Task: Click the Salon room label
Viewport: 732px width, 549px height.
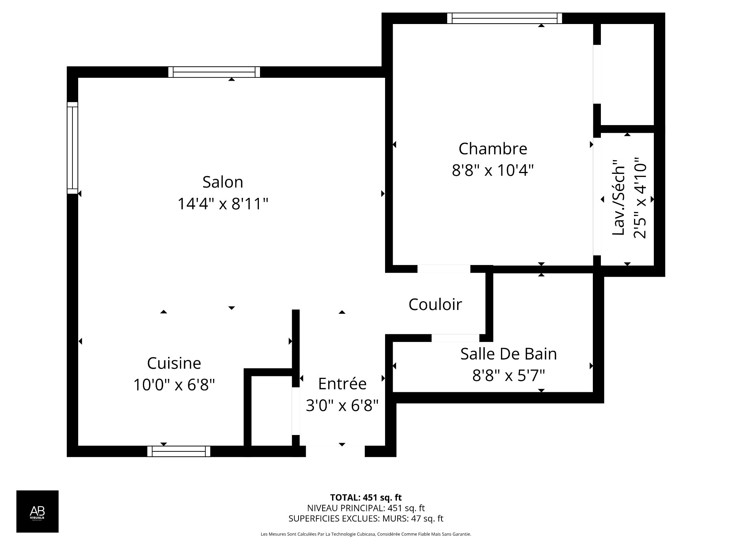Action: [223, 182]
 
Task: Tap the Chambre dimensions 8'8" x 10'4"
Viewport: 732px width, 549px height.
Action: [493, 170]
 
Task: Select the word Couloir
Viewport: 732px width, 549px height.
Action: [435, 304]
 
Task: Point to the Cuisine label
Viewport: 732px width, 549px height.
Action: [174, 363]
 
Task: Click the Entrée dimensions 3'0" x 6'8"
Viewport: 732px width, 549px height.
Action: [342, 405]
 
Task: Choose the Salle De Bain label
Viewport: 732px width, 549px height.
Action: [508, 354]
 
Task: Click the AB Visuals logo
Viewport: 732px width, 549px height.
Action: [37, 511]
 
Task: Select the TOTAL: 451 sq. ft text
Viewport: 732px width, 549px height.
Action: [366, 498]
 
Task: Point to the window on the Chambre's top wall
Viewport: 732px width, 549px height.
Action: [504, 18]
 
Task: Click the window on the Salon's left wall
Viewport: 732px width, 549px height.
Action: [72, 148]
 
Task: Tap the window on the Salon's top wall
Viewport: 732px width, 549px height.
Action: [214, 72]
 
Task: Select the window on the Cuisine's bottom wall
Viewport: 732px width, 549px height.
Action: [179, 451]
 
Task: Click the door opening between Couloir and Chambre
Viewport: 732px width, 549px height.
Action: [444, 269]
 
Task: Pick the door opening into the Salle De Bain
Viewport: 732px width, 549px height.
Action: [455, 338]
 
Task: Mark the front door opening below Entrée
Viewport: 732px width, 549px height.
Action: [335, 451]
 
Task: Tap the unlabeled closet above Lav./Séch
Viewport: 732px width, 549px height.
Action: [627, 74]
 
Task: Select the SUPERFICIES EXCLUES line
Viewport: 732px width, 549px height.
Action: [366, 518]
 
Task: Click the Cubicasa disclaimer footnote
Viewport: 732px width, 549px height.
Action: [366, 534]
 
